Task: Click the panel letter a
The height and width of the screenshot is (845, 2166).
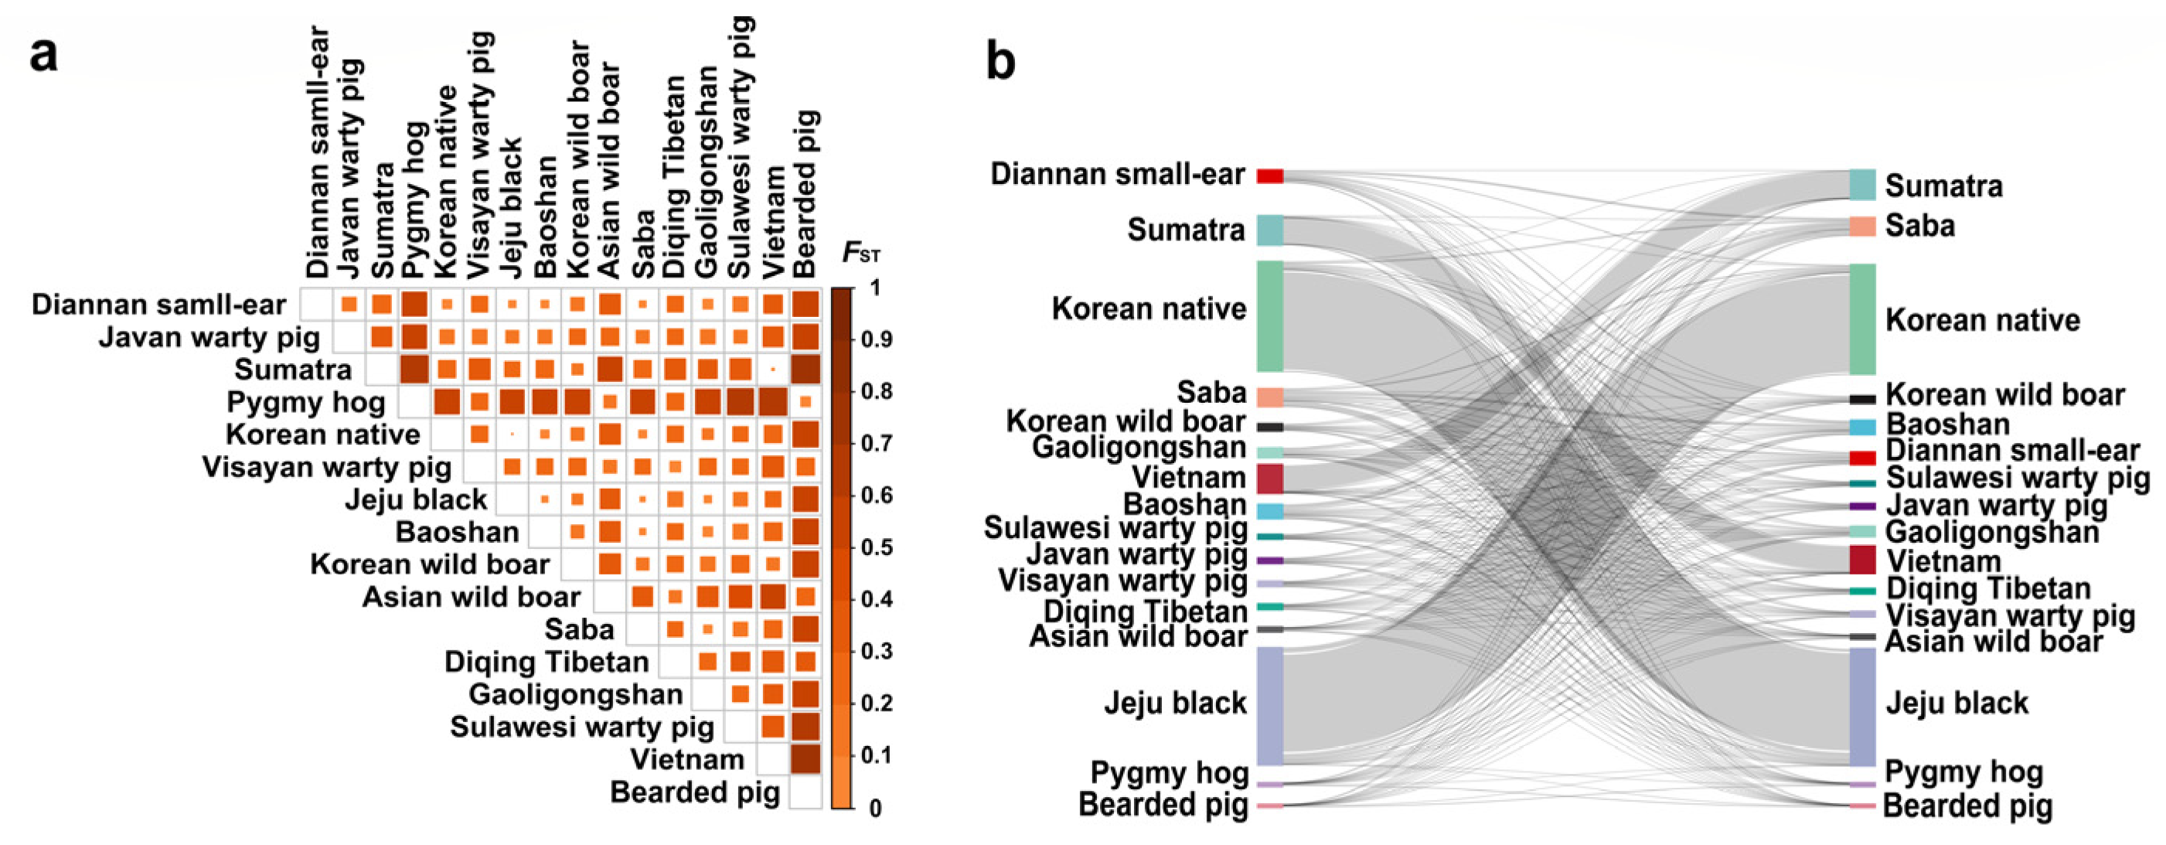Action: point(44,56)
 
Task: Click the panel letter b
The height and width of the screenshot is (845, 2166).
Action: point(1000,60)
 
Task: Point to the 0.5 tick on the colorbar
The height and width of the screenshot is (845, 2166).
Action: point(875,547)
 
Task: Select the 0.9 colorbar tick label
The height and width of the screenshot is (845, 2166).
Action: point(875,339)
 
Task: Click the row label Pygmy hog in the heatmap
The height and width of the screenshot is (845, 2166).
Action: point(305,403)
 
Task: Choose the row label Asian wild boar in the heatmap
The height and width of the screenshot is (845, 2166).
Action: point(471,597)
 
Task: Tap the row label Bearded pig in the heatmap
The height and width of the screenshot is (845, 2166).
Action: point(694,792)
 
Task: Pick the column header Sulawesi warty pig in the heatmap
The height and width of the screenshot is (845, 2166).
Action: point(740,147)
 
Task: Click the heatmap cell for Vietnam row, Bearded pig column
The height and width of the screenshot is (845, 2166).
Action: point(805,759)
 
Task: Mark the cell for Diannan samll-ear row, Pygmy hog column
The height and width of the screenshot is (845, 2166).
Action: point(414,305)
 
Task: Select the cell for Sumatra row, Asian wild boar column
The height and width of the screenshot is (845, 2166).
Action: point(610,369)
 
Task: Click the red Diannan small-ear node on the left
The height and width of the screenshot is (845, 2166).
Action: point(1269,175)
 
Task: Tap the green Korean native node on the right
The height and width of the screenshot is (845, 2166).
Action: point(1862,319)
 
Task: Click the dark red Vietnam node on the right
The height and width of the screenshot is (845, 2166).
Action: point(1862,560)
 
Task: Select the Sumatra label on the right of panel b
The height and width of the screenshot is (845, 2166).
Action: point(1943,186)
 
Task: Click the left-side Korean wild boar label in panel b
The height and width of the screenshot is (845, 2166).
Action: point(1125,421)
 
